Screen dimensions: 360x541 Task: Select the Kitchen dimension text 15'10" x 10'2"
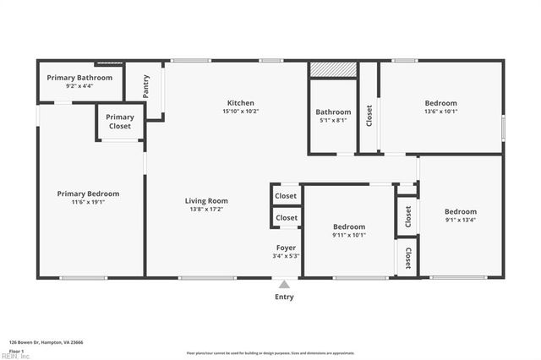(240, 111)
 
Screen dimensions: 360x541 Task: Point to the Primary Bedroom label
(88, 194)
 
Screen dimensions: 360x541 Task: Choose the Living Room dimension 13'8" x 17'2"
(207, 209)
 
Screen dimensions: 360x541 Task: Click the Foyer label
(286, 248)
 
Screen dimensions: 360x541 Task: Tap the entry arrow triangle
(285, 285)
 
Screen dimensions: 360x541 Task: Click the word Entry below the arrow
(285, 297)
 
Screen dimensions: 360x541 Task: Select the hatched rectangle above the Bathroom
(333, 69)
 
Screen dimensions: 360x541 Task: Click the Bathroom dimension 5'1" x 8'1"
(333, 120)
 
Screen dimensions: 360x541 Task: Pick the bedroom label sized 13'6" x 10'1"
(440, 103)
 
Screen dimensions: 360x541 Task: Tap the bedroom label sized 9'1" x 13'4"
(461, 211)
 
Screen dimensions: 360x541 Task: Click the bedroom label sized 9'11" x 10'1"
(348, 226)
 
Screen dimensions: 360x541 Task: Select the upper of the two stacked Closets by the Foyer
(287, 195)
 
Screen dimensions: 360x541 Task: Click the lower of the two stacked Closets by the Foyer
(287, 218)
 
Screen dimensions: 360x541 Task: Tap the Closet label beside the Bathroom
(369, 115)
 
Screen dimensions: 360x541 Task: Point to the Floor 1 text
(16, 350)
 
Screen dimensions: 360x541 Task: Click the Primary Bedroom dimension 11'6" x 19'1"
(88, 202)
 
